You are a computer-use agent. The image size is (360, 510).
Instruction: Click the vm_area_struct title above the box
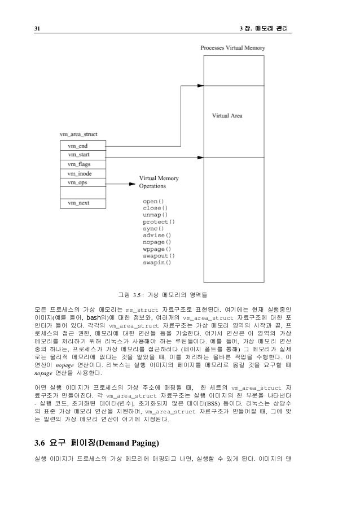(78, 134)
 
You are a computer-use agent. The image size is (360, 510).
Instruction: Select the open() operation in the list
(153, 201)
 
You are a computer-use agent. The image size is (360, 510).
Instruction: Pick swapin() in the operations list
(156, 262)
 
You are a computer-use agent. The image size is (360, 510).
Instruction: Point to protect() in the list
(159, 221)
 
